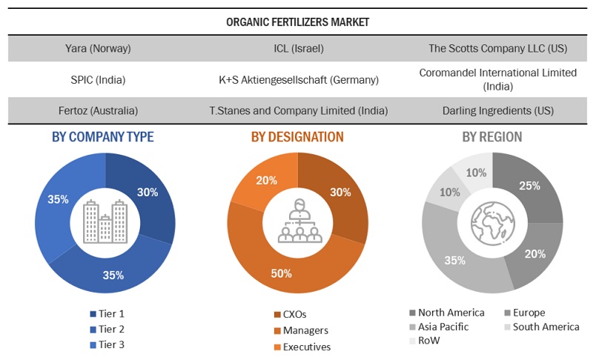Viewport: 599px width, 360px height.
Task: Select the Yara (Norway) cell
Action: (98, 49)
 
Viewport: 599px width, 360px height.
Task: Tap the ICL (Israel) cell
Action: (298, 49)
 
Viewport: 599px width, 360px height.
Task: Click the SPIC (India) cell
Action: (98, 79)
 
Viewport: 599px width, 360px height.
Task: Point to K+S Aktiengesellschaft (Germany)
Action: (298, 79)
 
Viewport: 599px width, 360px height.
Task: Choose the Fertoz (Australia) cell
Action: (98, 110)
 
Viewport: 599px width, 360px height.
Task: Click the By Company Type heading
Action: (103, 136)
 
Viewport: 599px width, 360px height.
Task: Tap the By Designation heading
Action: (297, 136)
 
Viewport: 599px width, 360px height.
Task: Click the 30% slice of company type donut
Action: (148, 192)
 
